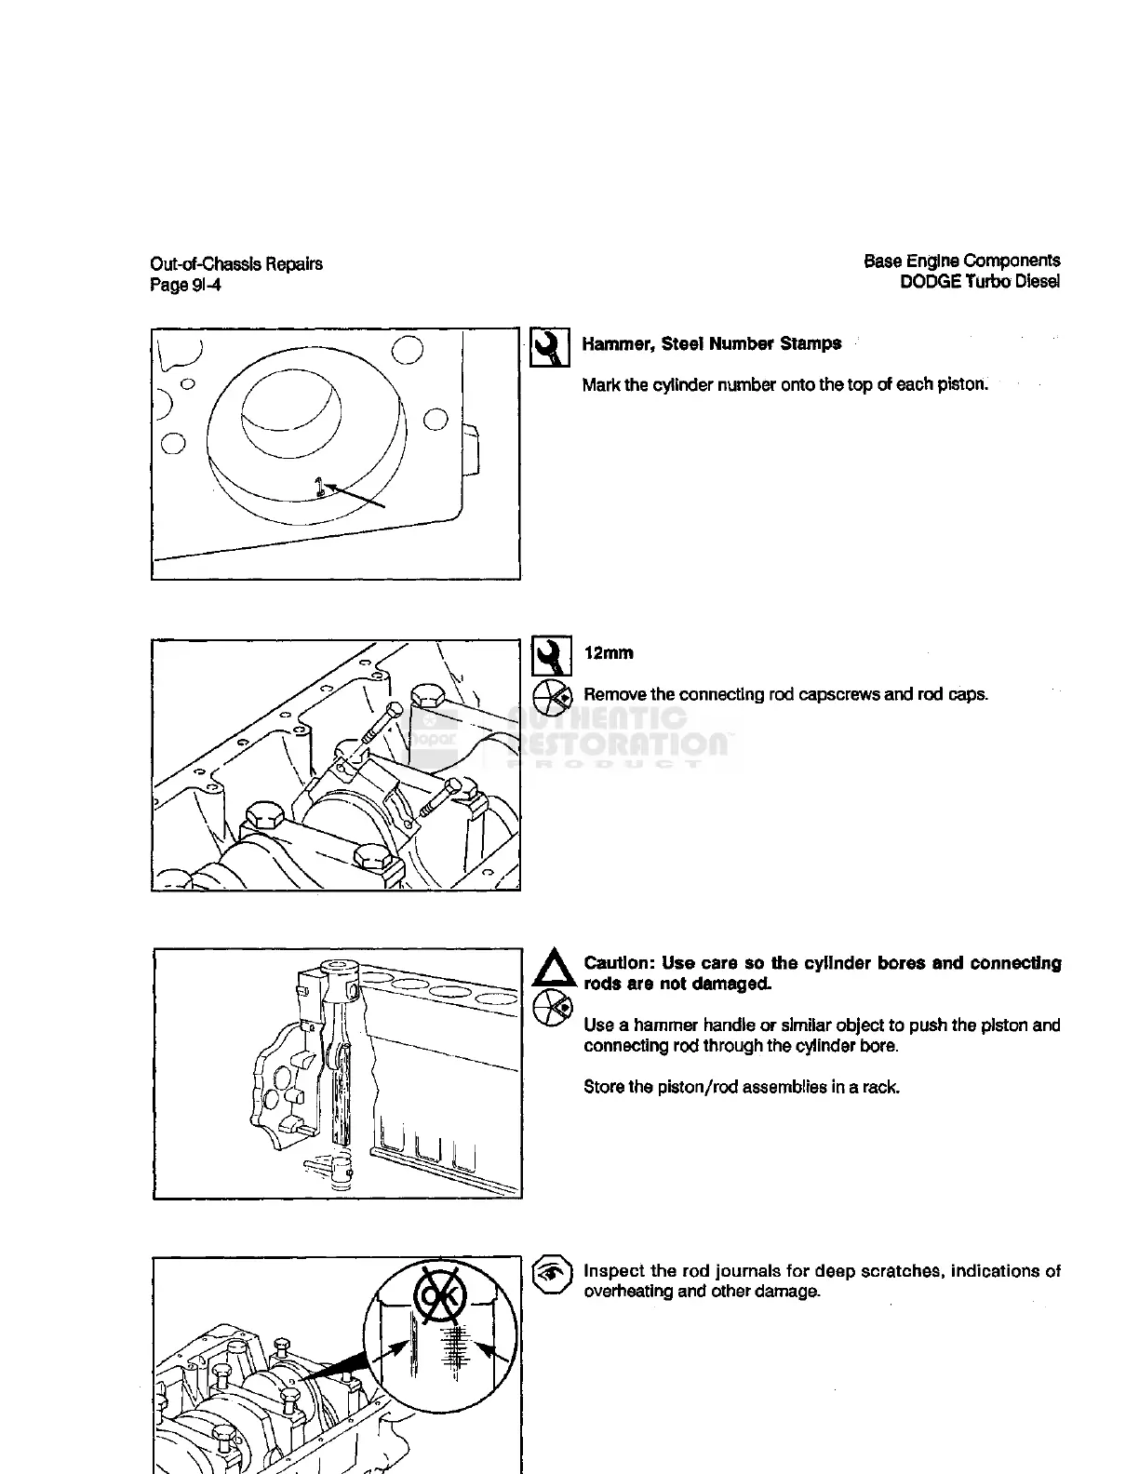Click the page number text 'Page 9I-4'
click(185, 286)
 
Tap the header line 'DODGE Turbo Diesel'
click(979, 281)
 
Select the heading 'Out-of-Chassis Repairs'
click(236, 264)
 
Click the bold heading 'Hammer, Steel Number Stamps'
click(711, 343)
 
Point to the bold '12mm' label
click(609, 653)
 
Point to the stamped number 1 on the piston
click(318, 486)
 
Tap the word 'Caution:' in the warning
click(618, 963)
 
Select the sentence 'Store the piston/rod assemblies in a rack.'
click(741, 1087)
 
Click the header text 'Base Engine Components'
click(961, 261)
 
